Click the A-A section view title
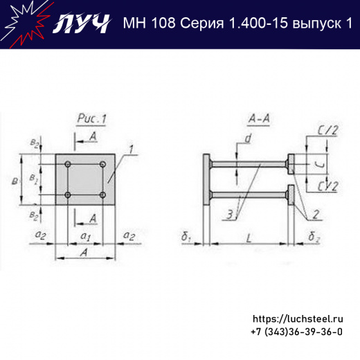[x=258, y=120]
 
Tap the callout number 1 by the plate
[x=128, y=149]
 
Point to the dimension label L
[x=249, y=237]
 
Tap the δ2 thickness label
[x=313, y=237]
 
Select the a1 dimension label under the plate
[x=85, y=237]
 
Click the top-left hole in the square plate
[x=68, y=165]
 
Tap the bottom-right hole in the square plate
[x=102, y=195]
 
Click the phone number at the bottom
[x=296, y=332]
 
